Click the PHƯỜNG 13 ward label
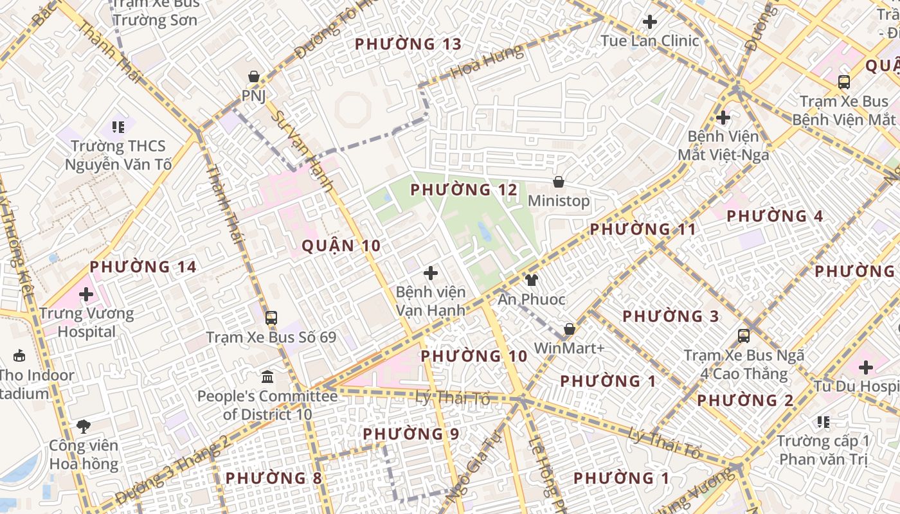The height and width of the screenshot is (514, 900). click(408, 44)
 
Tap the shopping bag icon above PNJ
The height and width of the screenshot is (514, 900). click(254, 76)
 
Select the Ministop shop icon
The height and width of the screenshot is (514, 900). click(559, 182)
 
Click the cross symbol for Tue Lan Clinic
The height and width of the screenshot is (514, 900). click(650, 22)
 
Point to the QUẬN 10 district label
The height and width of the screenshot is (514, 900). click(341, 245)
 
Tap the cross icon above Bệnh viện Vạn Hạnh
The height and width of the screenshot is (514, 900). click(431, 274)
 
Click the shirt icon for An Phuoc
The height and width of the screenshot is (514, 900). click(532, 280)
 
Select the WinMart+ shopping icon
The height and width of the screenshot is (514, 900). click(570, 330)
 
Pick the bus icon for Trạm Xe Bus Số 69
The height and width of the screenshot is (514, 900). click(271, 318)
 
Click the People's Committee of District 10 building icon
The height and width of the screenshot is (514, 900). click(267, 377)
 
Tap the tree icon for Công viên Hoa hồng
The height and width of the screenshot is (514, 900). click(84, 426)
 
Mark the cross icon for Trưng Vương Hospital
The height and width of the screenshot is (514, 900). click(86, 295)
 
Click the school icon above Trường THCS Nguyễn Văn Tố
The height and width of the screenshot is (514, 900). click(118, 127)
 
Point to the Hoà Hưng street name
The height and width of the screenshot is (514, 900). click(487, 62)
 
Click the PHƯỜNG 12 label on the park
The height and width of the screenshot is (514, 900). click(464, 190)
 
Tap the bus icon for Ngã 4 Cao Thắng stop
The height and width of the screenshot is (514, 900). click(744, 336)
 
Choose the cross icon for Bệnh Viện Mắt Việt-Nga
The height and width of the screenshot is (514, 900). click(723, 118)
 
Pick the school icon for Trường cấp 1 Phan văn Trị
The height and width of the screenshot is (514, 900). click(823, 422)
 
